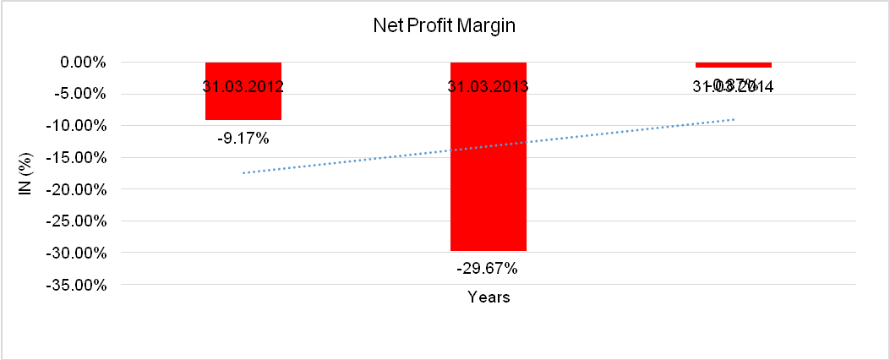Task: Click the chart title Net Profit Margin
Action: [445, 26]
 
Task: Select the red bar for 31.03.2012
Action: [243, 106]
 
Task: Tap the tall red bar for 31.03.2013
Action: [489, 169]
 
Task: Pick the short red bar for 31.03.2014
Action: [733, 65]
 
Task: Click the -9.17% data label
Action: [243, 138]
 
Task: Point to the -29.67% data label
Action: [489, 269]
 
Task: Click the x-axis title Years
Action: [489, 297]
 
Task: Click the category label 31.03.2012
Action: [243, 86]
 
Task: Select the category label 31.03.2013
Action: [489, 86]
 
